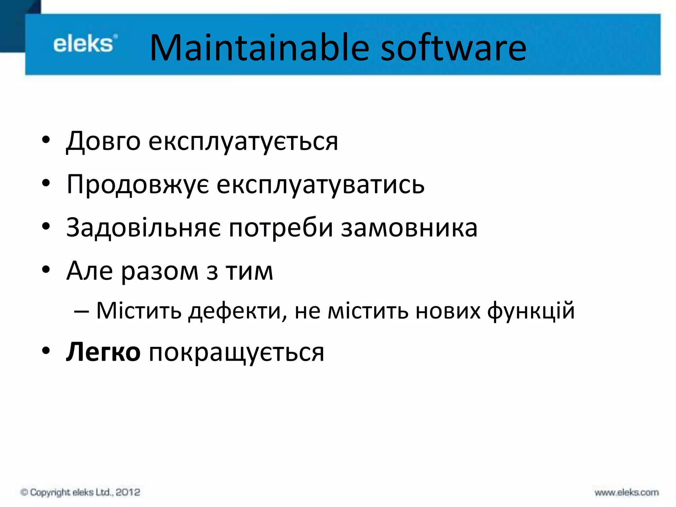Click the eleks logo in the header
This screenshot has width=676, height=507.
point(85,44)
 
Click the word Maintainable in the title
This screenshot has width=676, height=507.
point(259,48)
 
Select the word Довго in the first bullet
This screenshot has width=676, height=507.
point(103,141)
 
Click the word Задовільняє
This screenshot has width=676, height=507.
point(144,228)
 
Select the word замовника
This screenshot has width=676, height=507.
point(409,228)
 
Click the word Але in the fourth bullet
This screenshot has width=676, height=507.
point(89,271)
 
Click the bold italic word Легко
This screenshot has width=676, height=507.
point(103,352)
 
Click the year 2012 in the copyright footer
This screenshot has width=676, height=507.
point(128,492)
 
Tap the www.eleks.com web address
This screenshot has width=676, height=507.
point(626,492)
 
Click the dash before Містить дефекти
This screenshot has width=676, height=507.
point(81,311)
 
